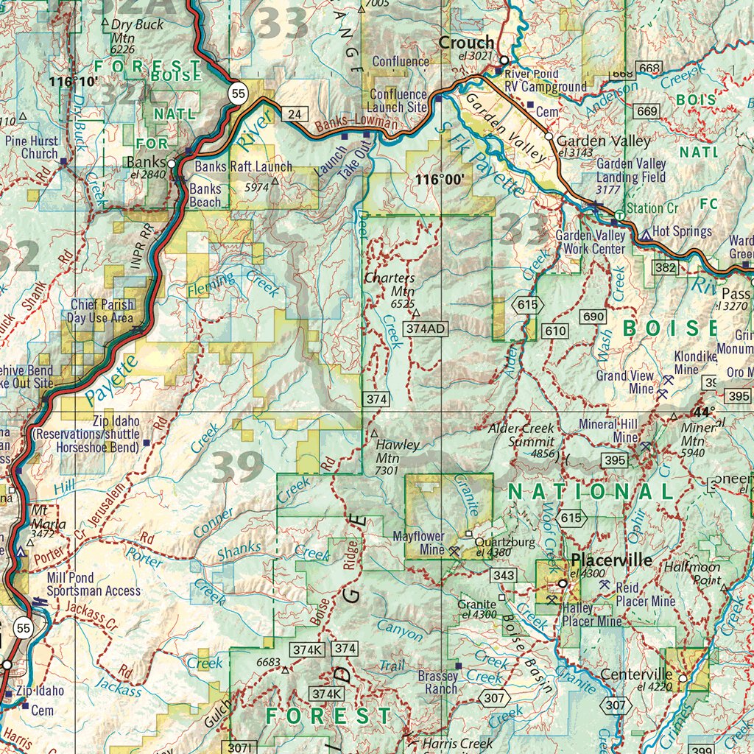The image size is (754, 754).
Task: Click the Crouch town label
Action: [466, 43]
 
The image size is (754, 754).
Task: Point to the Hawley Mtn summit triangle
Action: [373, 434]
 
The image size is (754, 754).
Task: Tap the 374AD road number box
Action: [426, 328]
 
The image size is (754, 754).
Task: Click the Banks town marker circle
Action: [172, 163]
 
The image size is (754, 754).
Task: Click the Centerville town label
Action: [636, 674]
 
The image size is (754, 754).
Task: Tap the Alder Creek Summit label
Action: [522, 435]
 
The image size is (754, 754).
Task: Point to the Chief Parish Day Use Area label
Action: [102, 311]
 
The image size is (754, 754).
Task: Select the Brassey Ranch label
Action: [437, 683]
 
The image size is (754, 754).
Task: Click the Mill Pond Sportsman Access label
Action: [93, 585]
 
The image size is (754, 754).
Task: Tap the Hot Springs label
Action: [682, 231]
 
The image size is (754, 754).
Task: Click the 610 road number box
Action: [556, 331]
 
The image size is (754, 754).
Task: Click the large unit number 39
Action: [237, 467]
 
